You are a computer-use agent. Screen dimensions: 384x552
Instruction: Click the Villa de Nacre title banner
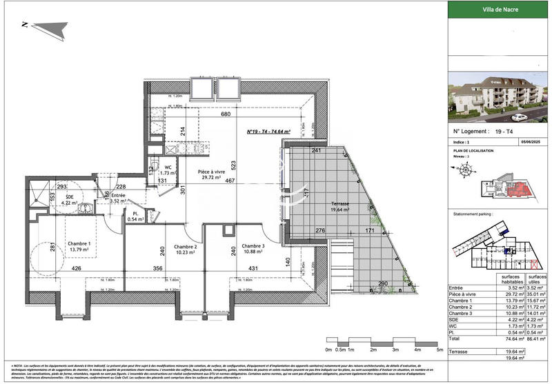498,10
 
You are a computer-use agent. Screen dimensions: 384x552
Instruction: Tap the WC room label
168,168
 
